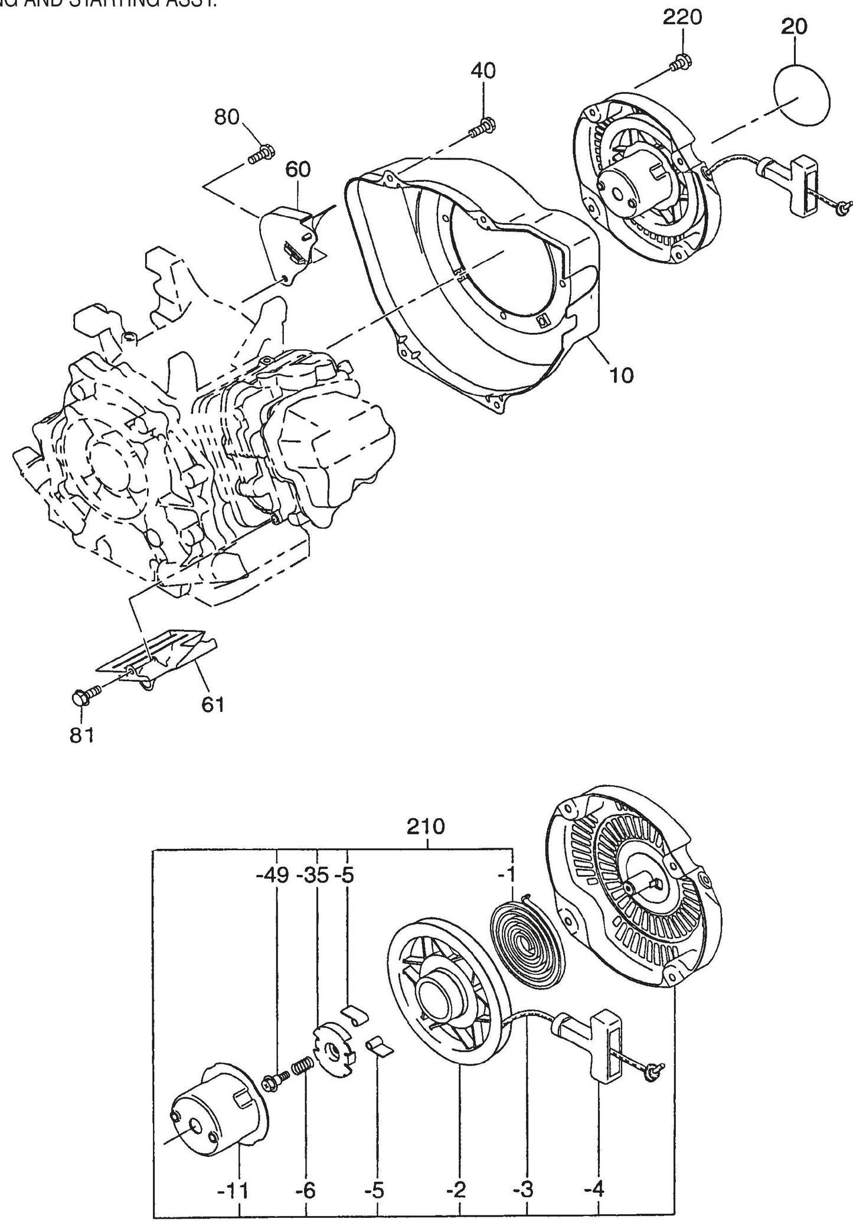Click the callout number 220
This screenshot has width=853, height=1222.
point(682,17)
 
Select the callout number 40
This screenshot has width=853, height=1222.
point(483,71)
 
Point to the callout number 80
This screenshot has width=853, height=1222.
point(226,117)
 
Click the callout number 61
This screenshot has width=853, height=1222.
point(213,704)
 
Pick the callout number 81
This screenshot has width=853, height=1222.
point(82,736)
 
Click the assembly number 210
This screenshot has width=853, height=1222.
point(426,826)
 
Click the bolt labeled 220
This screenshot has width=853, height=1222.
point(682,61)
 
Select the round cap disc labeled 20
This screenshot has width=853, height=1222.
point(803,94)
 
